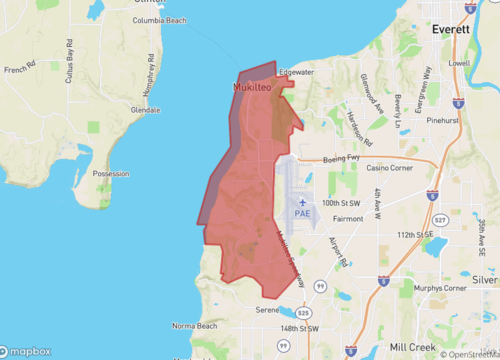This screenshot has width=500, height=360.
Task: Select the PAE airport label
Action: (x=303, y=212)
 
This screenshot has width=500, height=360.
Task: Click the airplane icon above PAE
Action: (x=303, y=200)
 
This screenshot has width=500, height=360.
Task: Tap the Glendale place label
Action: (x=144, y=109)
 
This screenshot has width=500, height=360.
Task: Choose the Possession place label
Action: (x=110, y=173)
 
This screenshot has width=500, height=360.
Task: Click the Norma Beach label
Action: (x=194, y=326)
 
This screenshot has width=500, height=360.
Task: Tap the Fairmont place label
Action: (x=347, y=217)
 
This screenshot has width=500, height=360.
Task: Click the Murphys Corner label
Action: (x=440, y=288)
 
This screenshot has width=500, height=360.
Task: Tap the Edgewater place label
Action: (x=297, y=72)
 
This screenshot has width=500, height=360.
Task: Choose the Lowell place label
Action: (x=459, y=63)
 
